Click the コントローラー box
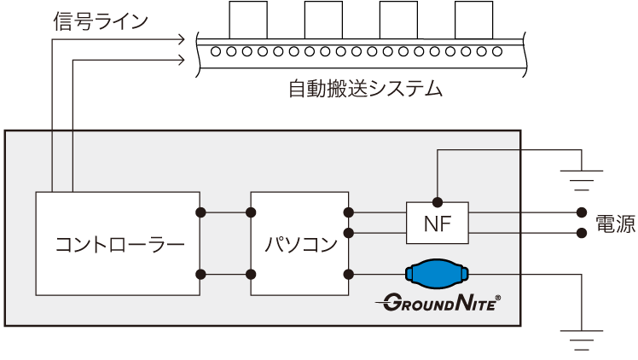pyautogui.click(x=118, y=243)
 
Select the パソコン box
pyautogui.click(x=299, y=243)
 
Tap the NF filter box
pyautogui.click(x=437, y=224)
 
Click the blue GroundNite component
pyautogui.click(x=437, y=274)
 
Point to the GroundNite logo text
pyautogui.click(x=438, y=302)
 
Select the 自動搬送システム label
pyautogui.click(x=365, y=89)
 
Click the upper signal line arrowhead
pyautogui.click(x=181, y=39)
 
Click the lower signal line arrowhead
pyautogui.click(x=181, y=60)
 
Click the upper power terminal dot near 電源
pyautogui.click(x=582, y=212)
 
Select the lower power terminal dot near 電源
pyautogui.click(x=582, y=232)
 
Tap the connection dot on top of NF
pyautogui.click(x=437, y=202)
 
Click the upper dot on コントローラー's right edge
pyautogui.click(x=200, y=212)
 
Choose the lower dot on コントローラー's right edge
pyautogui.click(x=200, y=274)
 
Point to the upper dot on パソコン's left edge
pyautogui.click(x=252, y=212)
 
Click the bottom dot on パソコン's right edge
pyautogui.click(x=348, y=274)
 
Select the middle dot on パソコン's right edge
pyautogui.click(x=348, y=232)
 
